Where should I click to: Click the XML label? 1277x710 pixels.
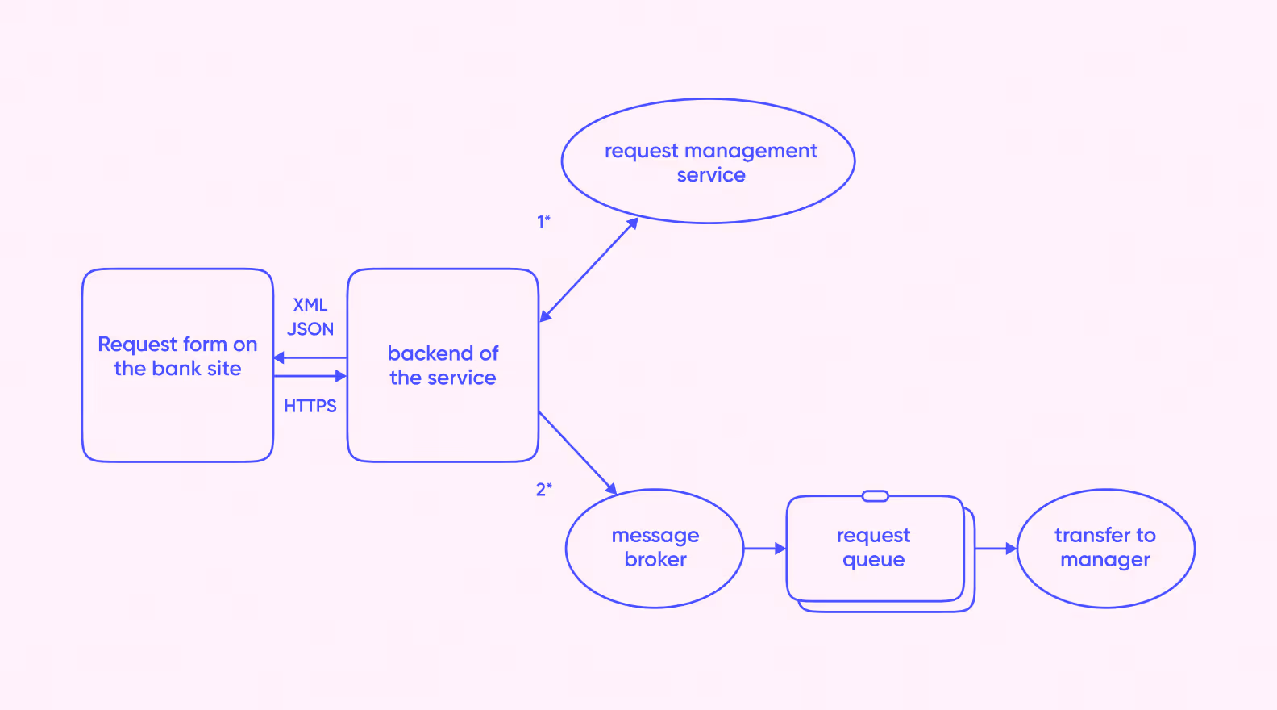310,305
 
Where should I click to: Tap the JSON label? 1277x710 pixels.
310,328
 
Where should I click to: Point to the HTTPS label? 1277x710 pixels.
310,406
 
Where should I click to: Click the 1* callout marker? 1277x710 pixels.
544,221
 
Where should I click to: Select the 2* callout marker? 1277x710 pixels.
544,489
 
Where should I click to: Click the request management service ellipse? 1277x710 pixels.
708,98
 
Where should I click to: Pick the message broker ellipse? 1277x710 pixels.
655,490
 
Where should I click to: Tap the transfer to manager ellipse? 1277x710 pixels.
1106,490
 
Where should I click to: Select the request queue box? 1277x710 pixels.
787,548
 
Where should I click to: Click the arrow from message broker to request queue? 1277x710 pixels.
765,549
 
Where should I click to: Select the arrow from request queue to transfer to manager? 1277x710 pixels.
996,549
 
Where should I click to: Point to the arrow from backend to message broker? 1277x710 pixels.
578,453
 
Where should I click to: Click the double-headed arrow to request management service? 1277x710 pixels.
589,270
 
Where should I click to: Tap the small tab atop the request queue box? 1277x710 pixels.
875,496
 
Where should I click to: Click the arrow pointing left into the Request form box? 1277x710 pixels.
310,358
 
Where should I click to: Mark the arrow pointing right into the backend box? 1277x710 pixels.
310,376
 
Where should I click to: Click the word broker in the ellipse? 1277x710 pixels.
655,559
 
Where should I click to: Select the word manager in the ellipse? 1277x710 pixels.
1105,560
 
